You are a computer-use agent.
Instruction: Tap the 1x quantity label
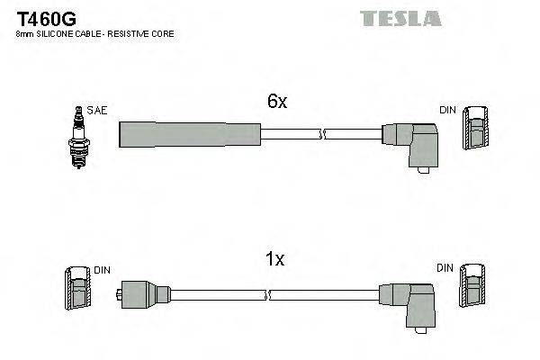click(275, 260)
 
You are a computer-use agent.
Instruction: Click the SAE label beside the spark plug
click(97, 110)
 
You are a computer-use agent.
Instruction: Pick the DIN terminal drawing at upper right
click(477, 128)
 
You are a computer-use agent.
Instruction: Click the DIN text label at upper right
click(447, 110)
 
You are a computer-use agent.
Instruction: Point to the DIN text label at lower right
click(444, 268)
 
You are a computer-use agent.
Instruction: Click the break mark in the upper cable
click(322, 134)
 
